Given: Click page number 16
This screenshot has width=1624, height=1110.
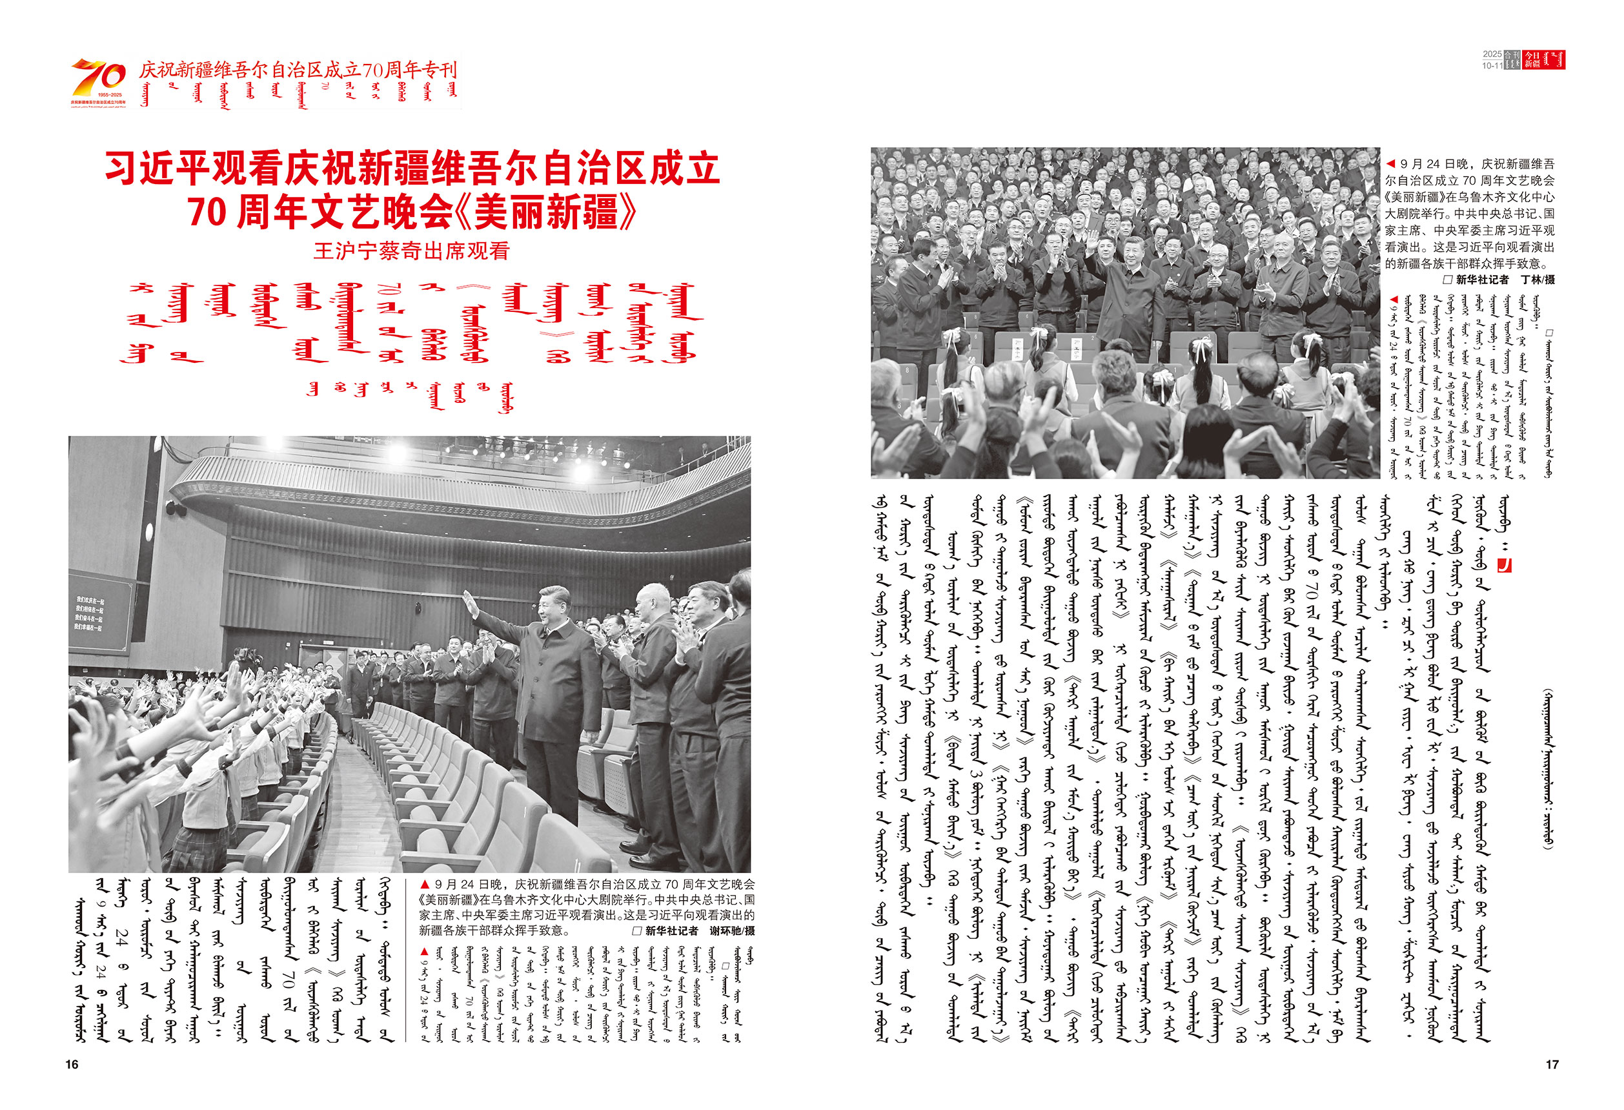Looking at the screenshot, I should coord(72,1064).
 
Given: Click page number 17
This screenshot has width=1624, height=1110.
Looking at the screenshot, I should coord(1552,1064).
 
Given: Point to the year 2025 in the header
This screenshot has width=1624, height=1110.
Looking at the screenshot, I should coord(1492,54).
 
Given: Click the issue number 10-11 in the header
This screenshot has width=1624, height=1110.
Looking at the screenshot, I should coord(1492,66).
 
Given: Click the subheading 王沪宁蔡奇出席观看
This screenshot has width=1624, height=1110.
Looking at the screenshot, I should coord(412,251).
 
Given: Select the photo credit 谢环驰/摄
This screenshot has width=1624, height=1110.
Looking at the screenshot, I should coord(731,931).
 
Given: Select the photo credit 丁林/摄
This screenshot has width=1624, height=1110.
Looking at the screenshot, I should coord(1538,280).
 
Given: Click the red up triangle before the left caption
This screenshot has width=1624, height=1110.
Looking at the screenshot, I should coord(424,885).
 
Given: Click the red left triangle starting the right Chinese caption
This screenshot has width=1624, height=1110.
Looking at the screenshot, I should coord(1390,163).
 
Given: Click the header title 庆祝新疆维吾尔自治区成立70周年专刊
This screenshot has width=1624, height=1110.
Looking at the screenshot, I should coord(298,70).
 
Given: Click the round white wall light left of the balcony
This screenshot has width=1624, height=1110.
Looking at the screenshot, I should coord(148,533).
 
